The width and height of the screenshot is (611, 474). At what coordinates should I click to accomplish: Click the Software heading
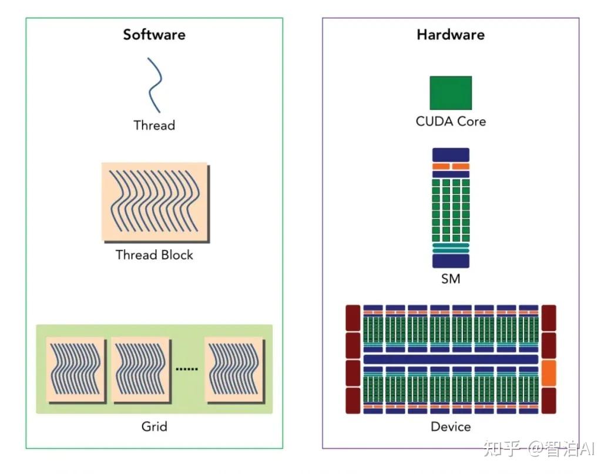point(154,35)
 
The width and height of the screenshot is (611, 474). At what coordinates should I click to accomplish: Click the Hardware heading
point(451,35)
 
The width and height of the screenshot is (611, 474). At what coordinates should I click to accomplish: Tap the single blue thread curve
point(155,85)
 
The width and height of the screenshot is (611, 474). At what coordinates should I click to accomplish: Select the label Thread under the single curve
point(154,125)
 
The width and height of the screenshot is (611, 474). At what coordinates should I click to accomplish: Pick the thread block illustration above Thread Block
point(155,202)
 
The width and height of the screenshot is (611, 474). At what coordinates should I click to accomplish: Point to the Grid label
point(154,426)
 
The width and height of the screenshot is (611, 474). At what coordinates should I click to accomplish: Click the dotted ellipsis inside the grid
point(187,369)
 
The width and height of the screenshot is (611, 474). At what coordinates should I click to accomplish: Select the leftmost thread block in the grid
point(76,369)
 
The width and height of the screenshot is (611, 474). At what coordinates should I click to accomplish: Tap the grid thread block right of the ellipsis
point(234,369)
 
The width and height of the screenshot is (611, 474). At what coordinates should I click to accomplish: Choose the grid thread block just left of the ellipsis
point(140,369)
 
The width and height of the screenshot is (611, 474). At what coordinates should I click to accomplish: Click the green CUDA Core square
point(451,93)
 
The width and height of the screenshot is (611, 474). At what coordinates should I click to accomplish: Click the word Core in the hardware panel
point(472,122)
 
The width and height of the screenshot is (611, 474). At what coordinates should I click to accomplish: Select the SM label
point(451,278)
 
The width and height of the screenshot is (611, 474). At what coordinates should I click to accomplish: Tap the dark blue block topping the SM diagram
point(451,155)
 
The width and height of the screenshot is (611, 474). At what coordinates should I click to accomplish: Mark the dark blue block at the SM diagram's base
point(451,261)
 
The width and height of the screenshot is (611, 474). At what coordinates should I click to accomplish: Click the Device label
point(451,426)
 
